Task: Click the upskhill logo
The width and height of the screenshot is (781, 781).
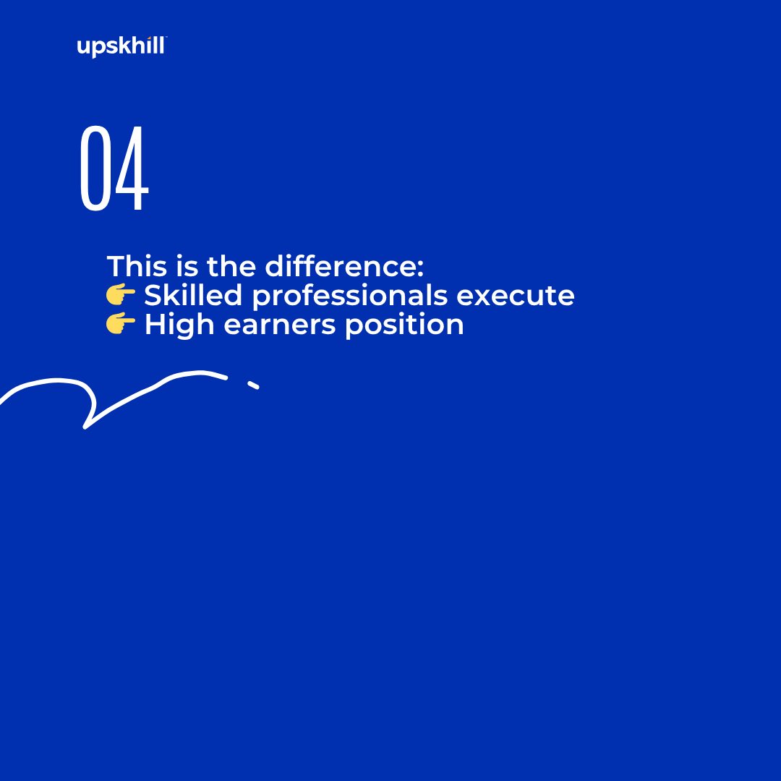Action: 121,48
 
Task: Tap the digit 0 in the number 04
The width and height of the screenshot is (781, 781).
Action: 95,169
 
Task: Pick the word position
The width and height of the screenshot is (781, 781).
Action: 404,325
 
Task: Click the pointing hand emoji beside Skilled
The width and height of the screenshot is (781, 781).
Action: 121,295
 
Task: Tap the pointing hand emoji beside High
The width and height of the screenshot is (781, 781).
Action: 121,325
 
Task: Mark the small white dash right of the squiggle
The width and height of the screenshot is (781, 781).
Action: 253,385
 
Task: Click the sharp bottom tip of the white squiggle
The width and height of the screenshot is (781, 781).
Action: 85,427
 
